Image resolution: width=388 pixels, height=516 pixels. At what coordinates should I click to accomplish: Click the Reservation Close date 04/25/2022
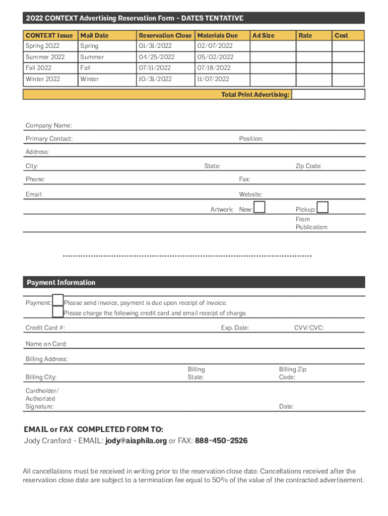click(157, 57)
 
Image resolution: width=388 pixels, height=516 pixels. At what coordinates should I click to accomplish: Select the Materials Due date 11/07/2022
click(213, 79)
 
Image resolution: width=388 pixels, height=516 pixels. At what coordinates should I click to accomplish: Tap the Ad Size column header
click(263, 35)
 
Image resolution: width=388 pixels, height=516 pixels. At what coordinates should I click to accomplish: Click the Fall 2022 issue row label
click(38, 68)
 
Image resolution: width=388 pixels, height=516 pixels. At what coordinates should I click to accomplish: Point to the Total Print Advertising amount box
click(328, 94)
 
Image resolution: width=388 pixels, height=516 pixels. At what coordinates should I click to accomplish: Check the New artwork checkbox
click(260, 207)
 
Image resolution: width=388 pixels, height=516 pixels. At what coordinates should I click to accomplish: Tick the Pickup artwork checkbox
click(322, 207)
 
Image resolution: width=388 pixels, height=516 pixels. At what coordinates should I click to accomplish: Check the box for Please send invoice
click(58, 300)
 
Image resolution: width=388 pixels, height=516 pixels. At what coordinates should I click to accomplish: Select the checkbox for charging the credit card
click(58, 312)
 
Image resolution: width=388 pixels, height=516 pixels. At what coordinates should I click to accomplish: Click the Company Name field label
click(49, 125)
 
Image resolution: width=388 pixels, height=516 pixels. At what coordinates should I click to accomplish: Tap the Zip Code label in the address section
click(308, 166)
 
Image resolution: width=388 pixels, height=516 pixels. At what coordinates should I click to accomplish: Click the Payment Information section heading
click(61, 283)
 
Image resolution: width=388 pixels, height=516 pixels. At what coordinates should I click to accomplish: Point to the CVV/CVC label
click(309, 328)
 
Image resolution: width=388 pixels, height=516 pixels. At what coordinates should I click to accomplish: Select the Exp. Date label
click(235, 328)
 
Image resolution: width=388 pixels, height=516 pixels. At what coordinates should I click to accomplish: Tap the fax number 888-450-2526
click(221, 441)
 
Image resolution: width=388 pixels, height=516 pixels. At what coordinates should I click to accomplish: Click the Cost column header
click(342, 35)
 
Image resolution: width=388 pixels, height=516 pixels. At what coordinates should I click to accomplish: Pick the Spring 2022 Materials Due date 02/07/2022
click(215, 46)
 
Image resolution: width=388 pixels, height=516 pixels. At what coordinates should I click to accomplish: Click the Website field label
click(250, 195)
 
